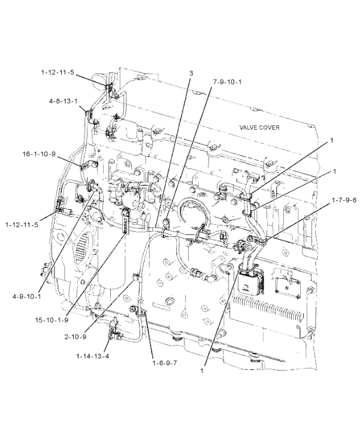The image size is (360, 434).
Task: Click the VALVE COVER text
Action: [x=259, y=128]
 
